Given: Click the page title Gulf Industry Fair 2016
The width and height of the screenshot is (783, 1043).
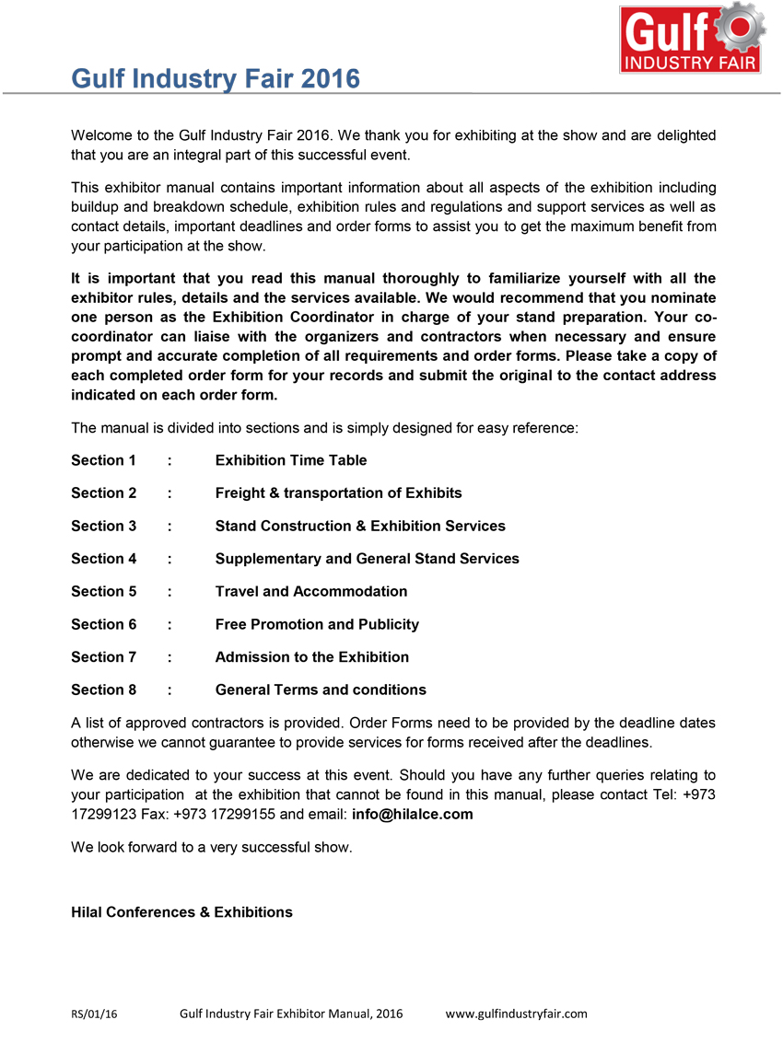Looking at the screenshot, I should tap(216, 79).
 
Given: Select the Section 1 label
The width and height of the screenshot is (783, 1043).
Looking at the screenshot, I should tap(103, 460).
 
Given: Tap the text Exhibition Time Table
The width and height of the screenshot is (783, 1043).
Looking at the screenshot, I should tap(291, 460).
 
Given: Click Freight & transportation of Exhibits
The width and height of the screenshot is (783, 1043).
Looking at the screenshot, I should tap(338, 493).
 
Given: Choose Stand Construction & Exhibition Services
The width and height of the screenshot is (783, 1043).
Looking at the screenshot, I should tap(360, 526).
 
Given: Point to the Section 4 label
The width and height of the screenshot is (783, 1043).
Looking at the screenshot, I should tap(103, 559).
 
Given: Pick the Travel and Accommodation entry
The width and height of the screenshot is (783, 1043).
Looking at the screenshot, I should tap(311, 591).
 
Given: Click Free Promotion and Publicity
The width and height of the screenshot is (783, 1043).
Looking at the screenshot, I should tap(317, 624).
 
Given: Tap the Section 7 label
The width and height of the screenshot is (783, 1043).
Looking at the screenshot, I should tap(103, 657).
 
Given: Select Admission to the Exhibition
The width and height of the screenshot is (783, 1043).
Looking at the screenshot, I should tap(312, 657).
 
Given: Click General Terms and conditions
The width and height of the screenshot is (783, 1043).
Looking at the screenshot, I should tap(321, 690).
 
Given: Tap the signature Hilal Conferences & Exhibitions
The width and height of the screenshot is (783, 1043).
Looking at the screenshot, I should tap(181, 912).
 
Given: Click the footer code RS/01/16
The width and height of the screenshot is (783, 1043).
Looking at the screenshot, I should tap(95, 1014).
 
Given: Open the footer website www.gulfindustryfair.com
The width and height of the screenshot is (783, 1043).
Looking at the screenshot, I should tap(516, 1014).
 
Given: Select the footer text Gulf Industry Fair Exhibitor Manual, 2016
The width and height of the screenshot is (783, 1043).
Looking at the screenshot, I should tap(291, 1014).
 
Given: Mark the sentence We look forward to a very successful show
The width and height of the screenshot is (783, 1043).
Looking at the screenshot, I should tap(211, 847).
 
